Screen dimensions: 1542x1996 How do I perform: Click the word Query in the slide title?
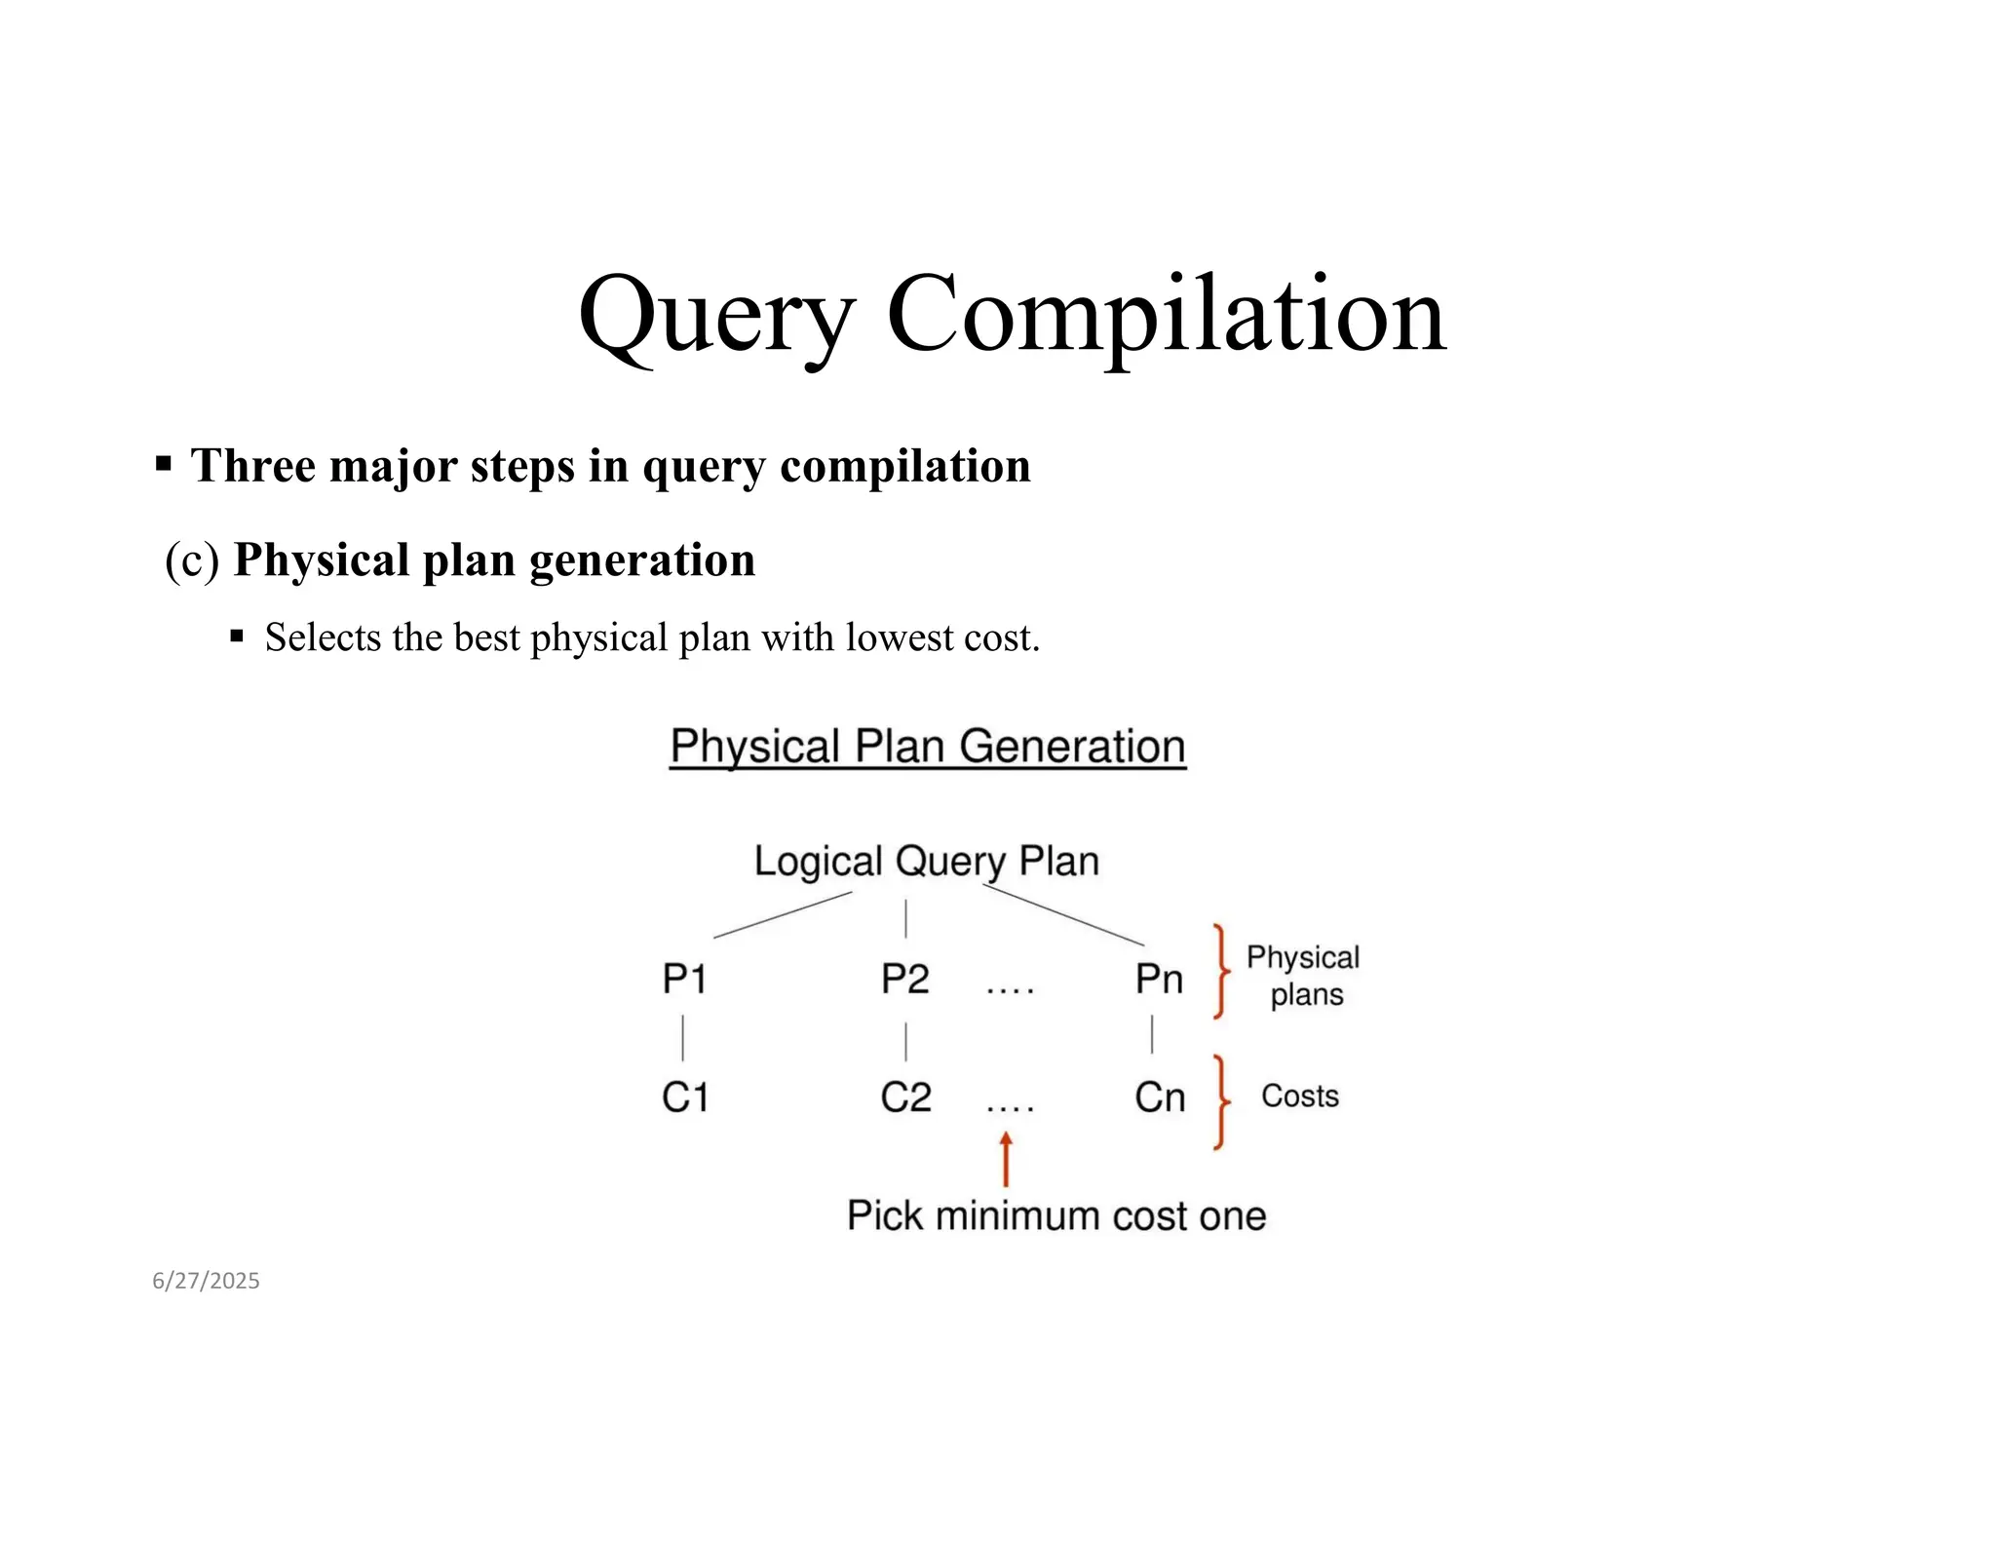click(716, 317)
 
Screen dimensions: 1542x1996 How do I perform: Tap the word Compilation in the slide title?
click(1166, 315)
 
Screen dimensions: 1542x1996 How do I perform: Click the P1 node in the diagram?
click(684, 979)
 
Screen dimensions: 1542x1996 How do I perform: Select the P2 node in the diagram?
click(904, 979)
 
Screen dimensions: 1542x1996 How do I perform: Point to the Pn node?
click(1159, 979)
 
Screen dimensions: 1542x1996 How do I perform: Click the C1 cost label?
click(684, 1098)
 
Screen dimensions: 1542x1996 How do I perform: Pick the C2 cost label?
click(905, 1098)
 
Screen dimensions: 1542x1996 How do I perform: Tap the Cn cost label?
click(1159, 1098)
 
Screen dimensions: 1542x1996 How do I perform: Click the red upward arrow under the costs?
click(1006, 1159)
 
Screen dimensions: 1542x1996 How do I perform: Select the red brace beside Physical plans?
click(1220, 971)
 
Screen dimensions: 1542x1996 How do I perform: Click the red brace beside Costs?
click(1220, 1101)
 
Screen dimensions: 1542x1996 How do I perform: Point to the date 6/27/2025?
click(206, 1281)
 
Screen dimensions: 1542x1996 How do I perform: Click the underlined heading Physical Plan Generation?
click(928, 747)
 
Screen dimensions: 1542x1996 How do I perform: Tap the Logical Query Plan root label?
click(927, 862)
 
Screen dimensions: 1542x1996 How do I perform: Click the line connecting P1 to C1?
click(683, 1038)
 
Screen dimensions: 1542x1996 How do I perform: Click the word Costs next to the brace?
click(1299, 1096)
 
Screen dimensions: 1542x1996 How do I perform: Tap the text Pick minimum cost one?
click(1056, 1215)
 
